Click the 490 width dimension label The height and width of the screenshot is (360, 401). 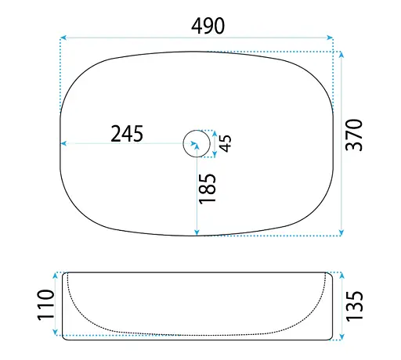click(208, 26)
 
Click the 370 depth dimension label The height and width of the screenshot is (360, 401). click(354, 135)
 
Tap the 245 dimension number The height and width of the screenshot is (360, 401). click(127, 134)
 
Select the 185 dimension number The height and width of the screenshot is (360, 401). click(208, 189)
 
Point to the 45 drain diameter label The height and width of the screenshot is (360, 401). click(226, 143)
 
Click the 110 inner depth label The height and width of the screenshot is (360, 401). click(46, 304)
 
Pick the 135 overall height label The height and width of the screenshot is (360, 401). click(354, 306)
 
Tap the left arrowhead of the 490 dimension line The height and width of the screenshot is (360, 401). click(63, 38)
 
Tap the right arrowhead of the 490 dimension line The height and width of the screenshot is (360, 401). click(330, 38)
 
